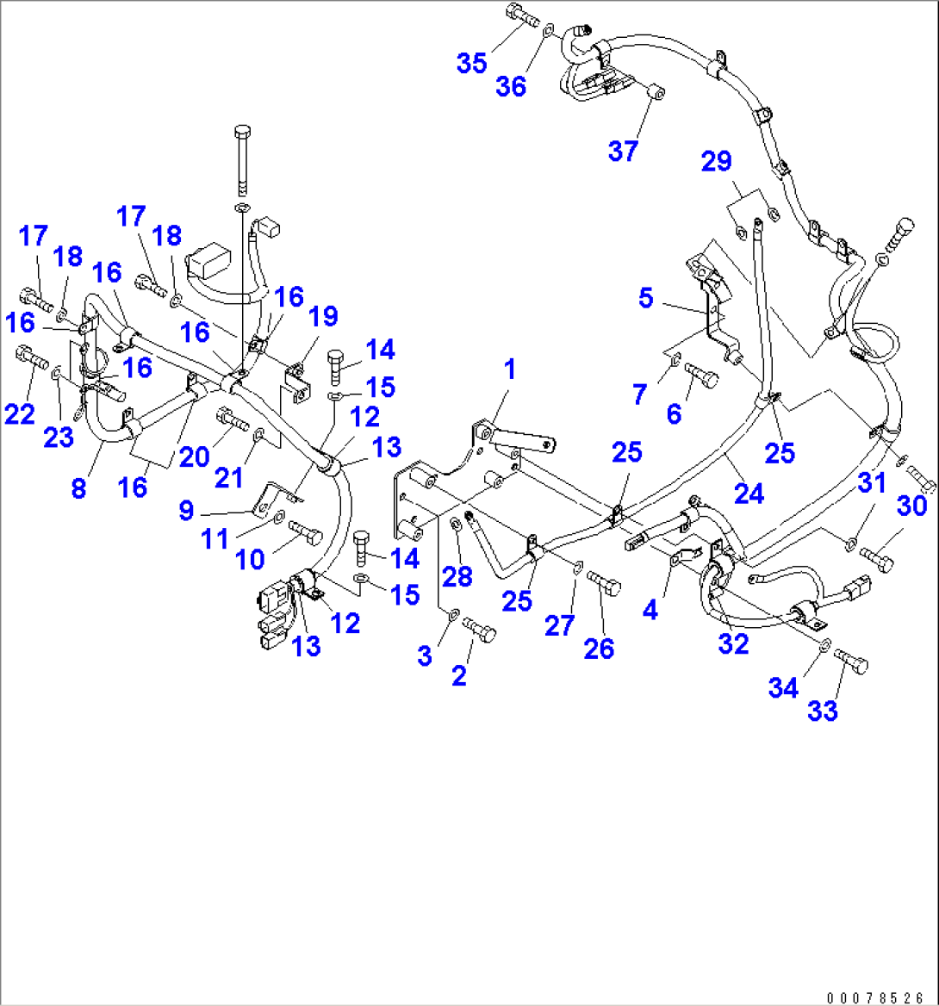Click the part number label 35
(472, 64)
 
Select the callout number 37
(623, 151)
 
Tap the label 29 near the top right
(716, 161)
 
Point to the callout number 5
(646, 299)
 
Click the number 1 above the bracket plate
(510, 369)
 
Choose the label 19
(324, 318)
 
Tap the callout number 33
(823, 711)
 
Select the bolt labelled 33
(852, 661)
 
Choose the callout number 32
(734, 643)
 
